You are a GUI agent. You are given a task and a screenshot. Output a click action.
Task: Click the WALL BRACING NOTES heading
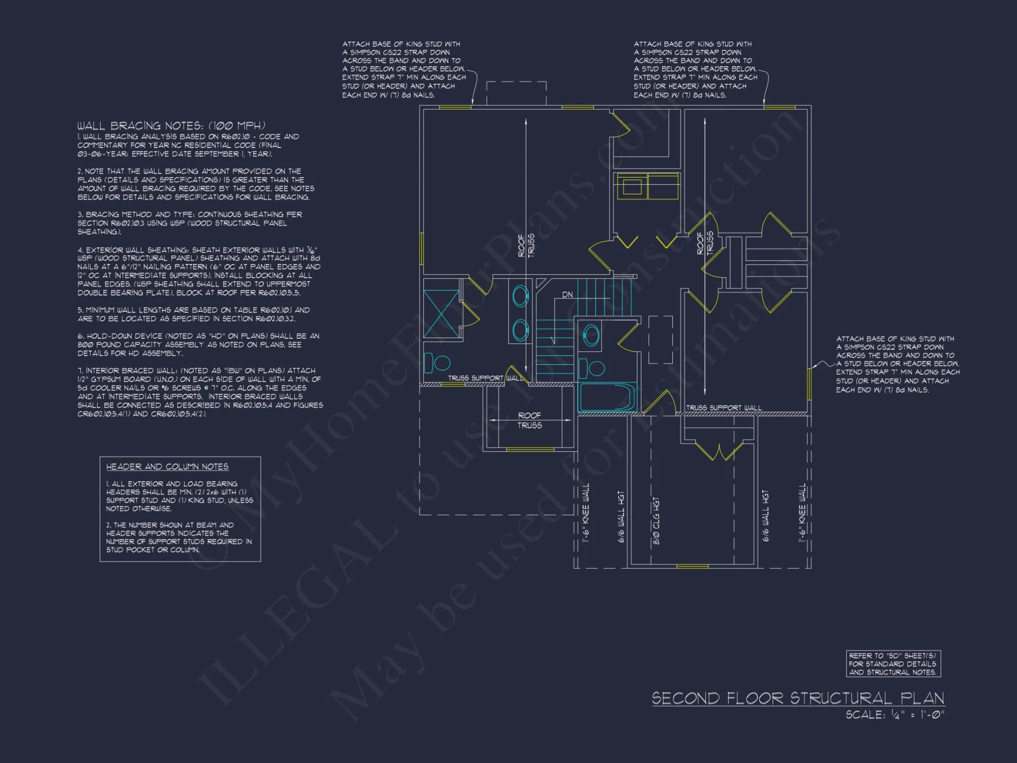tap(171, 126)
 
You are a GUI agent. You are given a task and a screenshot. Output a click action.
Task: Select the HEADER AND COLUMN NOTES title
tap(167, 466)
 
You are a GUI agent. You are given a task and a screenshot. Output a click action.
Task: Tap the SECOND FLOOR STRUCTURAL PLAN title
tap(798, 698)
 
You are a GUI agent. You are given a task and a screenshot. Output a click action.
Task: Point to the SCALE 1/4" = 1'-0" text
tap(894, 715)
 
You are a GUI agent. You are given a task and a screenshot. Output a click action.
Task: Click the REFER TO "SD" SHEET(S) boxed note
tap(893, 664)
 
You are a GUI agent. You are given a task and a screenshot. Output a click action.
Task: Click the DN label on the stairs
tap(567, 295)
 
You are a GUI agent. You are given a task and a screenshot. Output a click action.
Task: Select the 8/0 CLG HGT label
tap(656, 520)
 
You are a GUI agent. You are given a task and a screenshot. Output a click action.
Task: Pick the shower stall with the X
tap(441, 313)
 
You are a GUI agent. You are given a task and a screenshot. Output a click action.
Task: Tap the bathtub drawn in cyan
tap(607, 397)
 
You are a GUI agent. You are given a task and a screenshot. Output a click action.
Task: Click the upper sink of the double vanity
tap(520, 296)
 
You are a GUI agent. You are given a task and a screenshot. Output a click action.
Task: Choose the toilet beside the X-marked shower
tap(437, 363)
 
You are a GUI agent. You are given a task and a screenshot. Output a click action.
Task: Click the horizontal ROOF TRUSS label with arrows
tap(529, 420)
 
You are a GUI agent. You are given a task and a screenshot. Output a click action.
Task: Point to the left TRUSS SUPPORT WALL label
tap(485, 378)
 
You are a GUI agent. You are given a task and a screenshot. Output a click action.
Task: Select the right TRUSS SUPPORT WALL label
tap(724, 407)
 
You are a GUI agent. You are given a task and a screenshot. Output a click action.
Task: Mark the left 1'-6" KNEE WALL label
tap(586, 512)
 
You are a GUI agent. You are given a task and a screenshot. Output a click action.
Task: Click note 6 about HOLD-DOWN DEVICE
tap(198, 344)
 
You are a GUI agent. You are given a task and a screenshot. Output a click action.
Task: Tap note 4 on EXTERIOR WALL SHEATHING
tap(198, 271)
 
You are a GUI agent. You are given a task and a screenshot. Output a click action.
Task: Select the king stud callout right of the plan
tap(898, 364)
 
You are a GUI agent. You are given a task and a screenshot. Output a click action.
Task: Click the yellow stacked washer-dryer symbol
tap(647, 186)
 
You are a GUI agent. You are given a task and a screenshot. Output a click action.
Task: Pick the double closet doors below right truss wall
tap(719, 451)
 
